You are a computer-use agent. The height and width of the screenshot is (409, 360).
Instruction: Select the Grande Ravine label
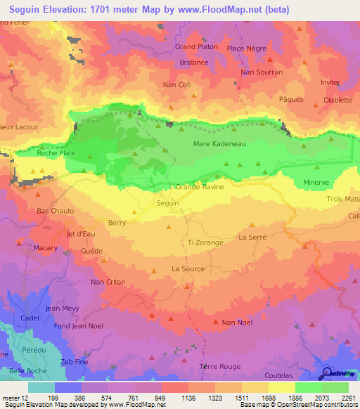[x=200, y=187]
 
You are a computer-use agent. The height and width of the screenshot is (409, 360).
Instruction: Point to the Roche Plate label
[x=56, y=152]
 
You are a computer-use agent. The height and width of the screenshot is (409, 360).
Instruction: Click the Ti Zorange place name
[x=205, y=242]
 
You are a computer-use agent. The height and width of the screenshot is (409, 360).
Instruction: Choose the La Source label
[x=188, y=269]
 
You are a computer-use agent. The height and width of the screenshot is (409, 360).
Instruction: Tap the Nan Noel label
[x=237, y=323]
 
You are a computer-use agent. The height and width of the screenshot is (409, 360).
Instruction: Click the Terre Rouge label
[x=220, y=367]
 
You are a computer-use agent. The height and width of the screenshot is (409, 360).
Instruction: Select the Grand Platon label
[x=197, y=47]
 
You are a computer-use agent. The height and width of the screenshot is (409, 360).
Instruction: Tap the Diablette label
[x=337, y=100]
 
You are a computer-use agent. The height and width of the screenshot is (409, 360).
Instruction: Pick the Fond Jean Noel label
[x=59, y=325]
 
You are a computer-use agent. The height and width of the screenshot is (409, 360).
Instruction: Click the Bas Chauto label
[x=55, y=211]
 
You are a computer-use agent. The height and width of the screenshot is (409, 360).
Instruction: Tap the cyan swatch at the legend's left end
[x=41, y=387]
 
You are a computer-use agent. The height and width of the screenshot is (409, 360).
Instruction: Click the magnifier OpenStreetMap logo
[x=326, y=373]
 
